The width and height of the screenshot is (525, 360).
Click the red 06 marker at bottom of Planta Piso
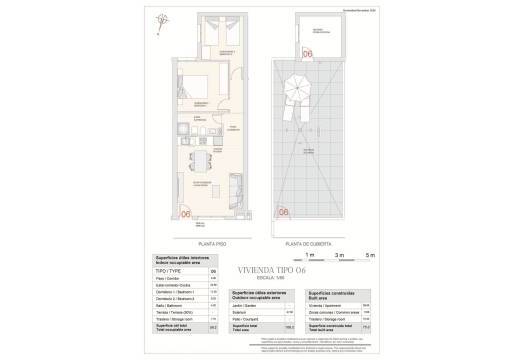186,211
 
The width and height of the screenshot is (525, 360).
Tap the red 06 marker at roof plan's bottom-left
284,211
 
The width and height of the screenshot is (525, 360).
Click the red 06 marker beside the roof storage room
308,53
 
